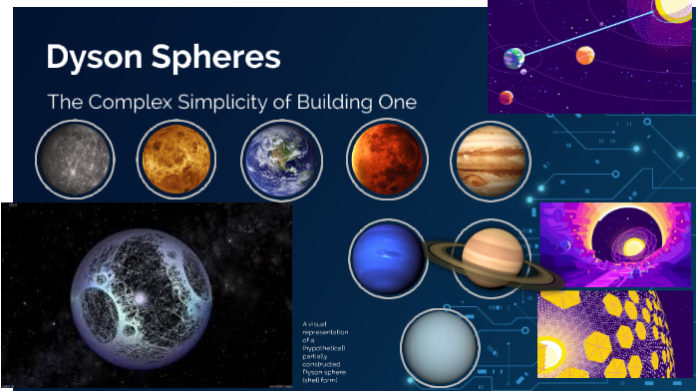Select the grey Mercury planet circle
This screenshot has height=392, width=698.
pyautogui.click(x=73, y=160)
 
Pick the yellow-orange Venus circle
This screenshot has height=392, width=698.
pyautogui.click(x=176, y=160)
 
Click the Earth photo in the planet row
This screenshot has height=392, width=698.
pyautogui.click(x=281, y=161)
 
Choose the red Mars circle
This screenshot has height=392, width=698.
pyautogui.click(x=387, y=160)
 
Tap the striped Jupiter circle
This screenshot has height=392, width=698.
pyautogui.click(x=490, y=160)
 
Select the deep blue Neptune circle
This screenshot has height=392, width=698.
pyautogui.click(x=388, y=258)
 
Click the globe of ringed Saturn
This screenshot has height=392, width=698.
pyautogui.click(x=492, y=258)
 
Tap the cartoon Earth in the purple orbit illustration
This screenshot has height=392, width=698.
pyautogui.click(x=515, y=58)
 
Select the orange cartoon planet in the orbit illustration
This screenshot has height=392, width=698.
pyautogui.click(x=584, y=56)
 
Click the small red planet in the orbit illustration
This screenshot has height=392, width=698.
pyautogui.click(x=506, y=97)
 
